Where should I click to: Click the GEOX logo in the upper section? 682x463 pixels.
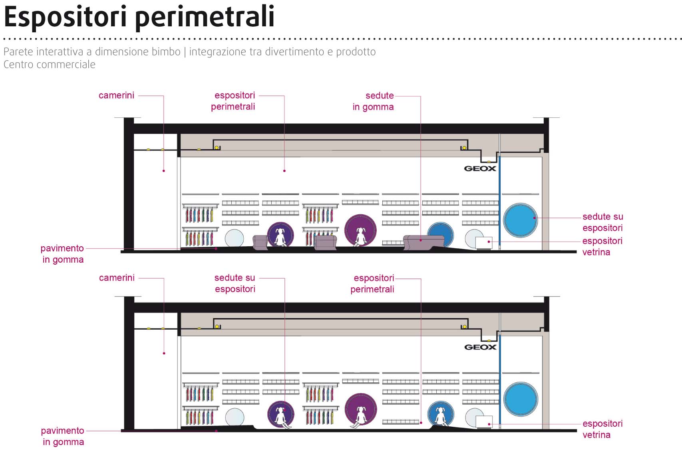coord(480,168)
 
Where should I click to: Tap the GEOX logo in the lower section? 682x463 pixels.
coord(480,347)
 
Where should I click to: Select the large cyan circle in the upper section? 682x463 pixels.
coord(520,220)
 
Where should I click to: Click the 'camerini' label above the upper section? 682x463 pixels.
coord(116,95)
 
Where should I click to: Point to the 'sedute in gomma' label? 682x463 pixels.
coord(373,101)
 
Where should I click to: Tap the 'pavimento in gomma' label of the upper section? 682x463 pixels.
coord(62,254)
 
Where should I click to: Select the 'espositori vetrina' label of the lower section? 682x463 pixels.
coord(602,429)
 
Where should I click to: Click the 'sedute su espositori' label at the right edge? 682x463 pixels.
coord(602,222)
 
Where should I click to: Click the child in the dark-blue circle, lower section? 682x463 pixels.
coord(441,416)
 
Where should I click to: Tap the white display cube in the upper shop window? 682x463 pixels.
coord(484,243)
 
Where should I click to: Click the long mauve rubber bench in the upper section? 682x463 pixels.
coord(424,242)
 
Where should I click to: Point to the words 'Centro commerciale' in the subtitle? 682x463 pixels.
coord(50,65)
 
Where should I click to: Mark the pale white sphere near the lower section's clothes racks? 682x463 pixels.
coord(234,417)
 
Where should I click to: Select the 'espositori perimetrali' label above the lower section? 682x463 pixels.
coord(372,283)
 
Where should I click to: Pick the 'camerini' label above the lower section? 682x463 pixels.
coord(117,278)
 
